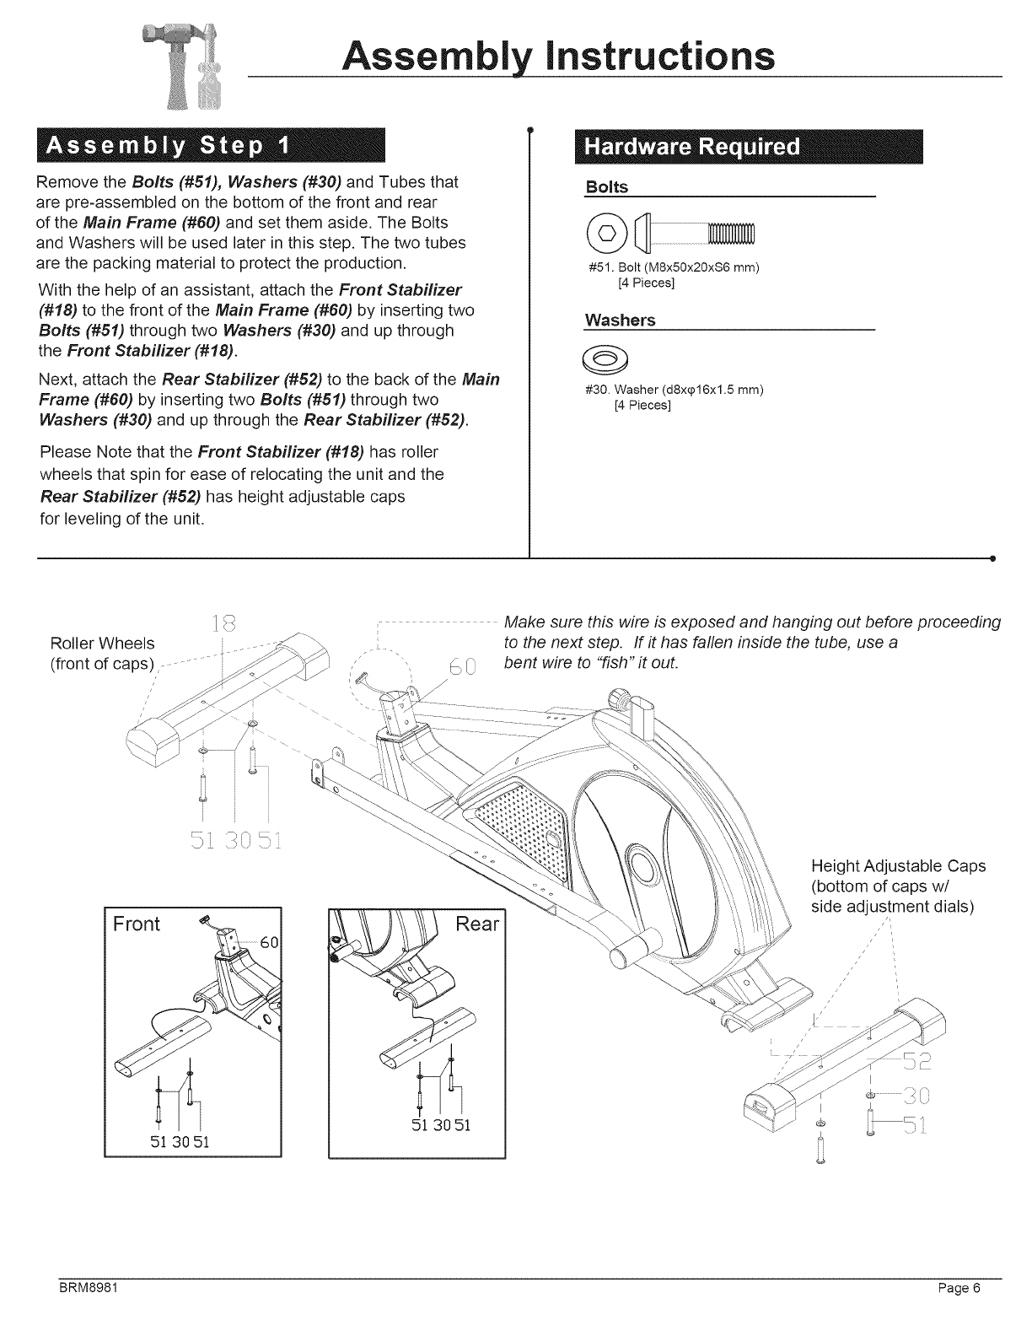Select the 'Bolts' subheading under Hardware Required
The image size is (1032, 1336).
click(x=607, y=187)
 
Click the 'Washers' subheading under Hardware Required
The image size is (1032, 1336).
click(x=620, y=321)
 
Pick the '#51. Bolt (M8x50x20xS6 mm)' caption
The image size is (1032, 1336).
click(x=674, y=268)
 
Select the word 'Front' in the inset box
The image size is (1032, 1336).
click(x=137, y=924)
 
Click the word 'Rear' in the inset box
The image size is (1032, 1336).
click(x=477, y=924)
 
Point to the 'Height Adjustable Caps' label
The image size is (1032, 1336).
click(x=897, y=866)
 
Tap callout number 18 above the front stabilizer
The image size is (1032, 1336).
click(x=223, y=625)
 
